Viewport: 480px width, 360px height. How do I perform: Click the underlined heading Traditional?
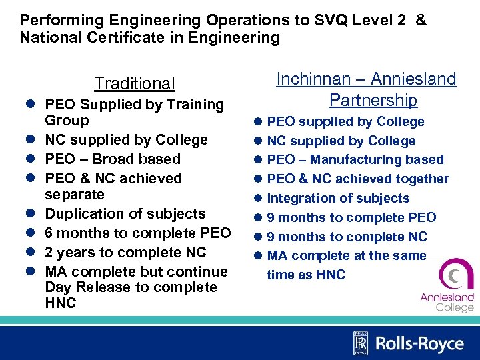[x=135, y=83]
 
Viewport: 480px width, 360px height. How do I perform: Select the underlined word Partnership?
[x=373, y=100]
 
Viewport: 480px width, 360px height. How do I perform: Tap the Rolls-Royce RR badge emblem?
[x=360, y=343]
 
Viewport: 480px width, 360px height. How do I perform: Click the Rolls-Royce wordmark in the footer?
[x=419, y=343]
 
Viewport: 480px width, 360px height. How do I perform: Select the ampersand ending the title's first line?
[x=420, y=20]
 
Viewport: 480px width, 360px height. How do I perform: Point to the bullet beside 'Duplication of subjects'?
[x=30, y=214]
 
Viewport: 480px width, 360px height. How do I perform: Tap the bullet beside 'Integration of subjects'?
[x=258, y=198]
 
